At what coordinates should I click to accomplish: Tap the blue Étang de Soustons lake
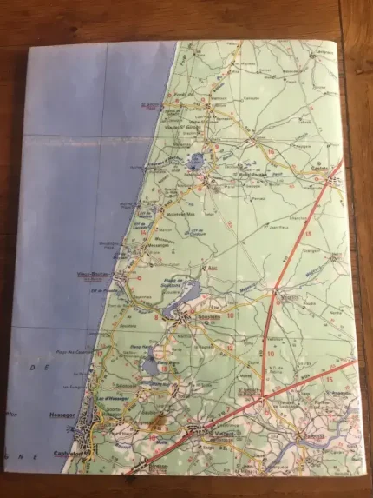(170, 309)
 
